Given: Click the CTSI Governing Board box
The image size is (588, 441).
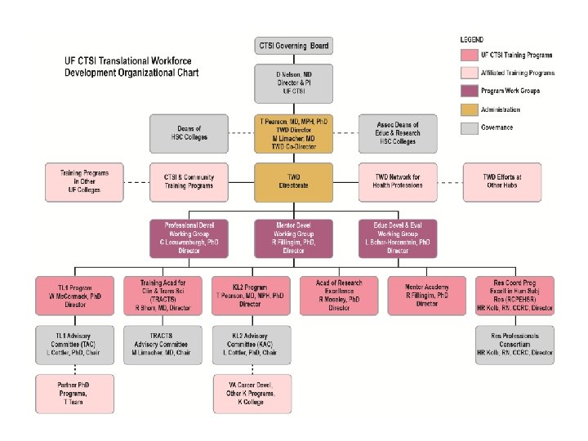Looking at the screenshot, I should pyautogui.click(x=293, y=46).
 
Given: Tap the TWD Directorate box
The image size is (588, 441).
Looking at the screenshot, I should pyautogui.click(x=293, y=181).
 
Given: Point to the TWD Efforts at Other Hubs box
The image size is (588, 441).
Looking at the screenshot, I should pyautogui.click(x=502, y=181).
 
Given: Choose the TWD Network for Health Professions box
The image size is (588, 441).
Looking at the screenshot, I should pyautogui.click(x=398, y=181).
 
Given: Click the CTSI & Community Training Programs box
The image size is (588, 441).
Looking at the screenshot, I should pyautogui.click(x=190, y=181).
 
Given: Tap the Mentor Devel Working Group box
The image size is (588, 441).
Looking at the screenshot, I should pyautogui.click(x=293, y=238).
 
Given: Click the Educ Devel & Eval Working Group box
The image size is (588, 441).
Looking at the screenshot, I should pyautogui.click(x=398, y=238).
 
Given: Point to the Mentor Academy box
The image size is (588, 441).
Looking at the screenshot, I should pyautogui.click(x=426, y=293).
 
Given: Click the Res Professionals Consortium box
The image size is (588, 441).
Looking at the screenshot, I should pyautogui.click(x=514, y=345).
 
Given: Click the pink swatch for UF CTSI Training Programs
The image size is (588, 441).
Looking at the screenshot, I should pyautogui.click(x=469, y=55).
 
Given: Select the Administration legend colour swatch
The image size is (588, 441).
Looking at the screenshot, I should pyautogui.click(x=469, y=109).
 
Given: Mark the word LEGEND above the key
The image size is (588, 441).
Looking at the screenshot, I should pyautogui.click(x=472, y=38).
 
